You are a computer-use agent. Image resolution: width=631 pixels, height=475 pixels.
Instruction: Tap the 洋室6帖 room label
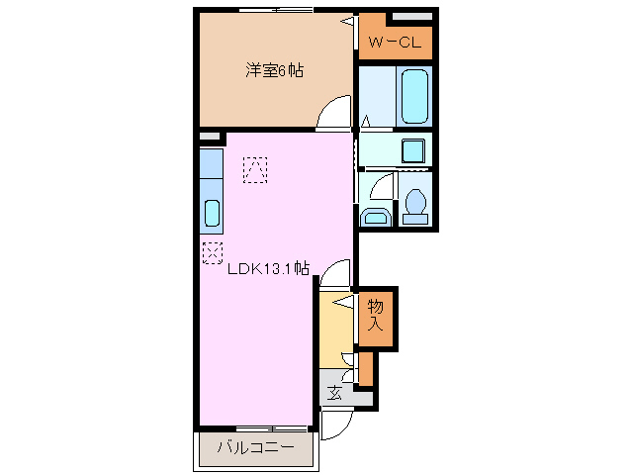point(274,70)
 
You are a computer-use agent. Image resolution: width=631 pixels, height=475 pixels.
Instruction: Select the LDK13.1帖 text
point(269,268)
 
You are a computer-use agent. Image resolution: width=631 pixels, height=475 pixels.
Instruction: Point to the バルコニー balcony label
point(254,448)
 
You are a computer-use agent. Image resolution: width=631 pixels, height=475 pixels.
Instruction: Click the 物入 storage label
point(376,314)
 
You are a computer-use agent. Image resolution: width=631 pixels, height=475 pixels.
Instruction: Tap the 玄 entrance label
point(334,394)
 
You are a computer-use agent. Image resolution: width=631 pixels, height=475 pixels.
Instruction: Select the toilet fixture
point(415,204)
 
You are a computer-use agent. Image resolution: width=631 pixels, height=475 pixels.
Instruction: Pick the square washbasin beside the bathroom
point(412,150)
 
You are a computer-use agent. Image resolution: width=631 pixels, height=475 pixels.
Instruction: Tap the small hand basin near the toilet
point(374,218)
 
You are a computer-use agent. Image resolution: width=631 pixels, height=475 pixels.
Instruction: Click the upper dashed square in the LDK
point(255,170)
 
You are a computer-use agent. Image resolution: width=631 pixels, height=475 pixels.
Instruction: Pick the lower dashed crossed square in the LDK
point(213,252)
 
